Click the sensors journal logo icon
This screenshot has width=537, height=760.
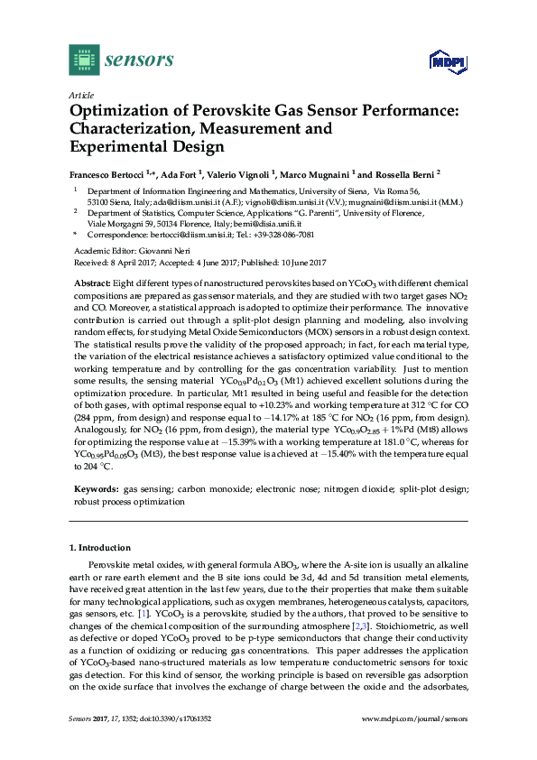click(84, 60)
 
